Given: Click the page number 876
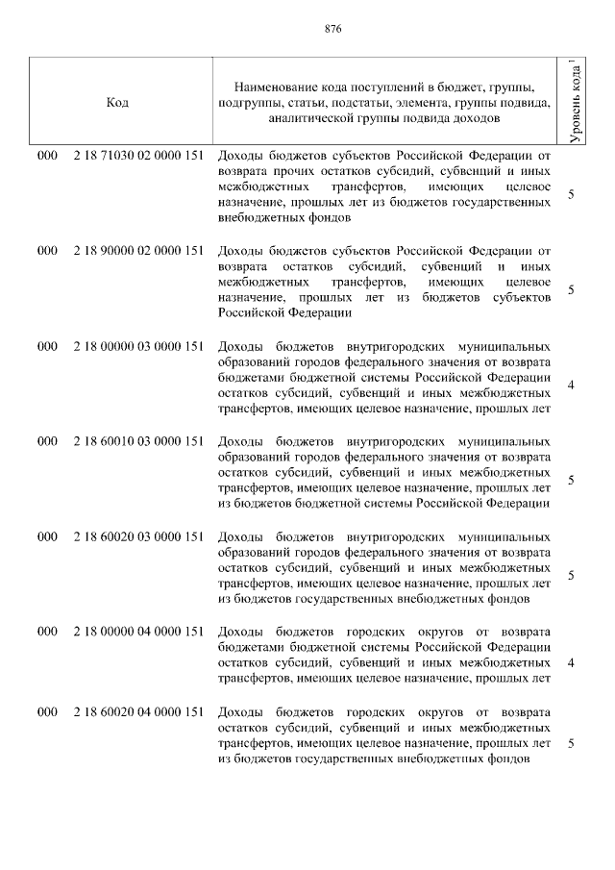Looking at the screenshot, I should pyautogui.click(x=307, y=28).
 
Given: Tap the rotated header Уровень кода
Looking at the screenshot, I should pyautogui.click(x=574, y=101).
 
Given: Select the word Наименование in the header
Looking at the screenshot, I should pyautogui.click(x=279, y=87).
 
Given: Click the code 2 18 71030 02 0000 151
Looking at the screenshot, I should pyautogui.click(x=136, y=154).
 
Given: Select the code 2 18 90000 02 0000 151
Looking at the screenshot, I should pyautogui.click(x=136, y=250).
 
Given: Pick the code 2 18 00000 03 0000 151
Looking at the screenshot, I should pyautogui.click(x=136, y=345).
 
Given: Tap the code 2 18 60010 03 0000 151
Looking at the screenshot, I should pyautogui.click(x=136, y=440).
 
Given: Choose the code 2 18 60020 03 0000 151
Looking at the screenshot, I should pyautogui.click(x=136, y=535).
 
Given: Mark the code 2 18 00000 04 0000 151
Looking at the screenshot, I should pyautogui.click(x=136, y=631).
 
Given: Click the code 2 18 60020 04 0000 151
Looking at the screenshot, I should pyautogui.click(x=136, y=711).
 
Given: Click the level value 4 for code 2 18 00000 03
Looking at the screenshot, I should pyautogui.click(x=572, y=385).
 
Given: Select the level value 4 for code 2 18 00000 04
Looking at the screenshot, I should pyautogui.click(x=572, y=663).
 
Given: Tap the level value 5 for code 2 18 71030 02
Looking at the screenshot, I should pyautogui.click(x=572, y=195).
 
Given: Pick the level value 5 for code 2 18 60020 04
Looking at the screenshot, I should pyautogui.click(x=572, y=744).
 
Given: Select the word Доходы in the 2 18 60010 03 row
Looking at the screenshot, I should pyautogui.click(x=239, y=440).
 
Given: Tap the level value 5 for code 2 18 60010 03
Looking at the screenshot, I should pyautogui.click(x=572, y=481).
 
